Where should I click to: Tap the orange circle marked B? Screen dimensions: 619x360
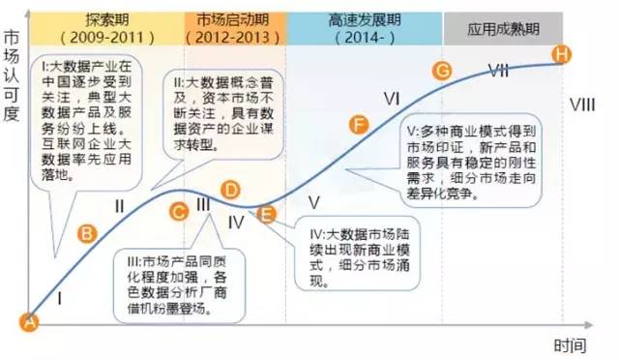(87, 233)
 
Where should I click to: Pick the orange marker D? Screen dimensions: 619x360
(230, 191)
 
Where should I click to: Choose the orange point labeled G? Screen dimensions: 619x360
(443, 71)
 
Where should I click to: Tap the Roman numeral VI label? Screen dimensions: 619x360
(392, 97)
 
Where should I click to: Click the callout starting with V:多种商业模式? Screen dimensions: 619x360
(473, 161)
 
